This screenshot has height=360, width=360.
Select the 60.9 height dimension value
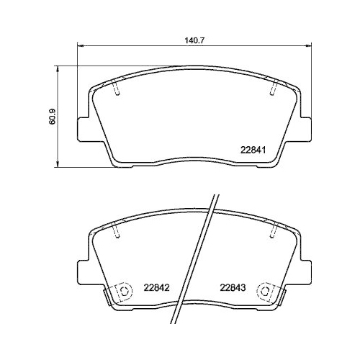[51, 117]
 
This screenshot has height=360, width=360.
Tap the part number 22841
[253, 150]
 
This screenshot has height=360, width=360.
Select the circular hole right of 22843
[269, 291]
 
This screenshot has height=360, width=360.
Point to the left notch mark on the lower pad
[117, 233]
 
